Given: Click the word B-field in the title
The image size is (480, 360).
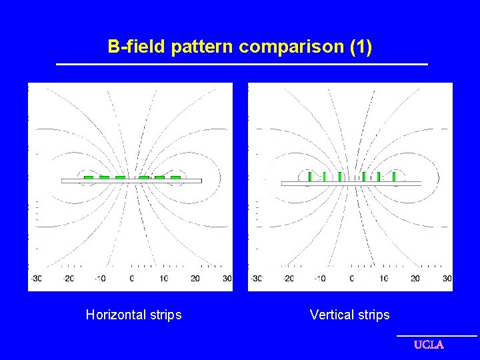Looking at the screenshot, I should (137, 47).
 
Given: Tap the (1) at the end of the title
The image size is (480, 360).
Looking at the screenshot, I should (360, 47).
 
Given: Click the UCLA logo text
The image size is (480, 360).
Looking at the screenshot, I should (429, 345).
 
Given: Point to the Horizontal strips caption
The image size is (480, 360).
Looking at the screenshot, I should (133, 315).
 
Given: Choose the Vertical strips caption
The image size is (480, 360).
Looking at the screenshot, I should (349, 315).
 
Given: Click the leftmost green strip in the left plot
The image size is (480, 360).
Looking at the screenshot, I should (88, 177).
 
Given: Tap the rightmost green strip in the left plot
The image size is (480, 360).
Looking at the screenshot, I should (175, 177).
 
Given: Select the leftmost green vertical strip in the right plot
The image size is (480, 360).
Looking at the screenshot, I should (310, 176).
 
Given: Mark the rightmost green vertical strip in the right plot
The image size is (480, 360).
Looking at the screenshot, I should (395, 176).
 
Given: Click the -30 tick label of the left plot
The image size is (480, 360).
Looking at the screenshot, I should (35, 279).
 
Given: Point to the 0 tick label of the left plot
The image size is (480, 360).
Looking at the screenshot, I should (131, 279).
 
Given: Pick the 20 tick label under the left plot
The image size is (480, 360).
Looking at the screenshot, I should (195, 279).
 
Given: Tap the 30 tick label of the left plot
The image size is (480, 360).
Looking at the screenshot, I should (227, 279).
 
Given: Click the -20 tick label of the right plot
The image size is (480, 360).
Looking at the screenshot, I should (287, 279).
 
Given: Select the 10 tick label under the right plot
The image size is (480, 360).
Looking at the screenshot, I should (384, 279).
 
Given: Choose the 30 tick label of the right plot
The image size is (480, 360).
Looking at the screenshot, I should (447, 279).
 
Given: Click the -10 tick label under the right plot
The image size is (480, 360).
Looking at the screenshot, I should (319, 279).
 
